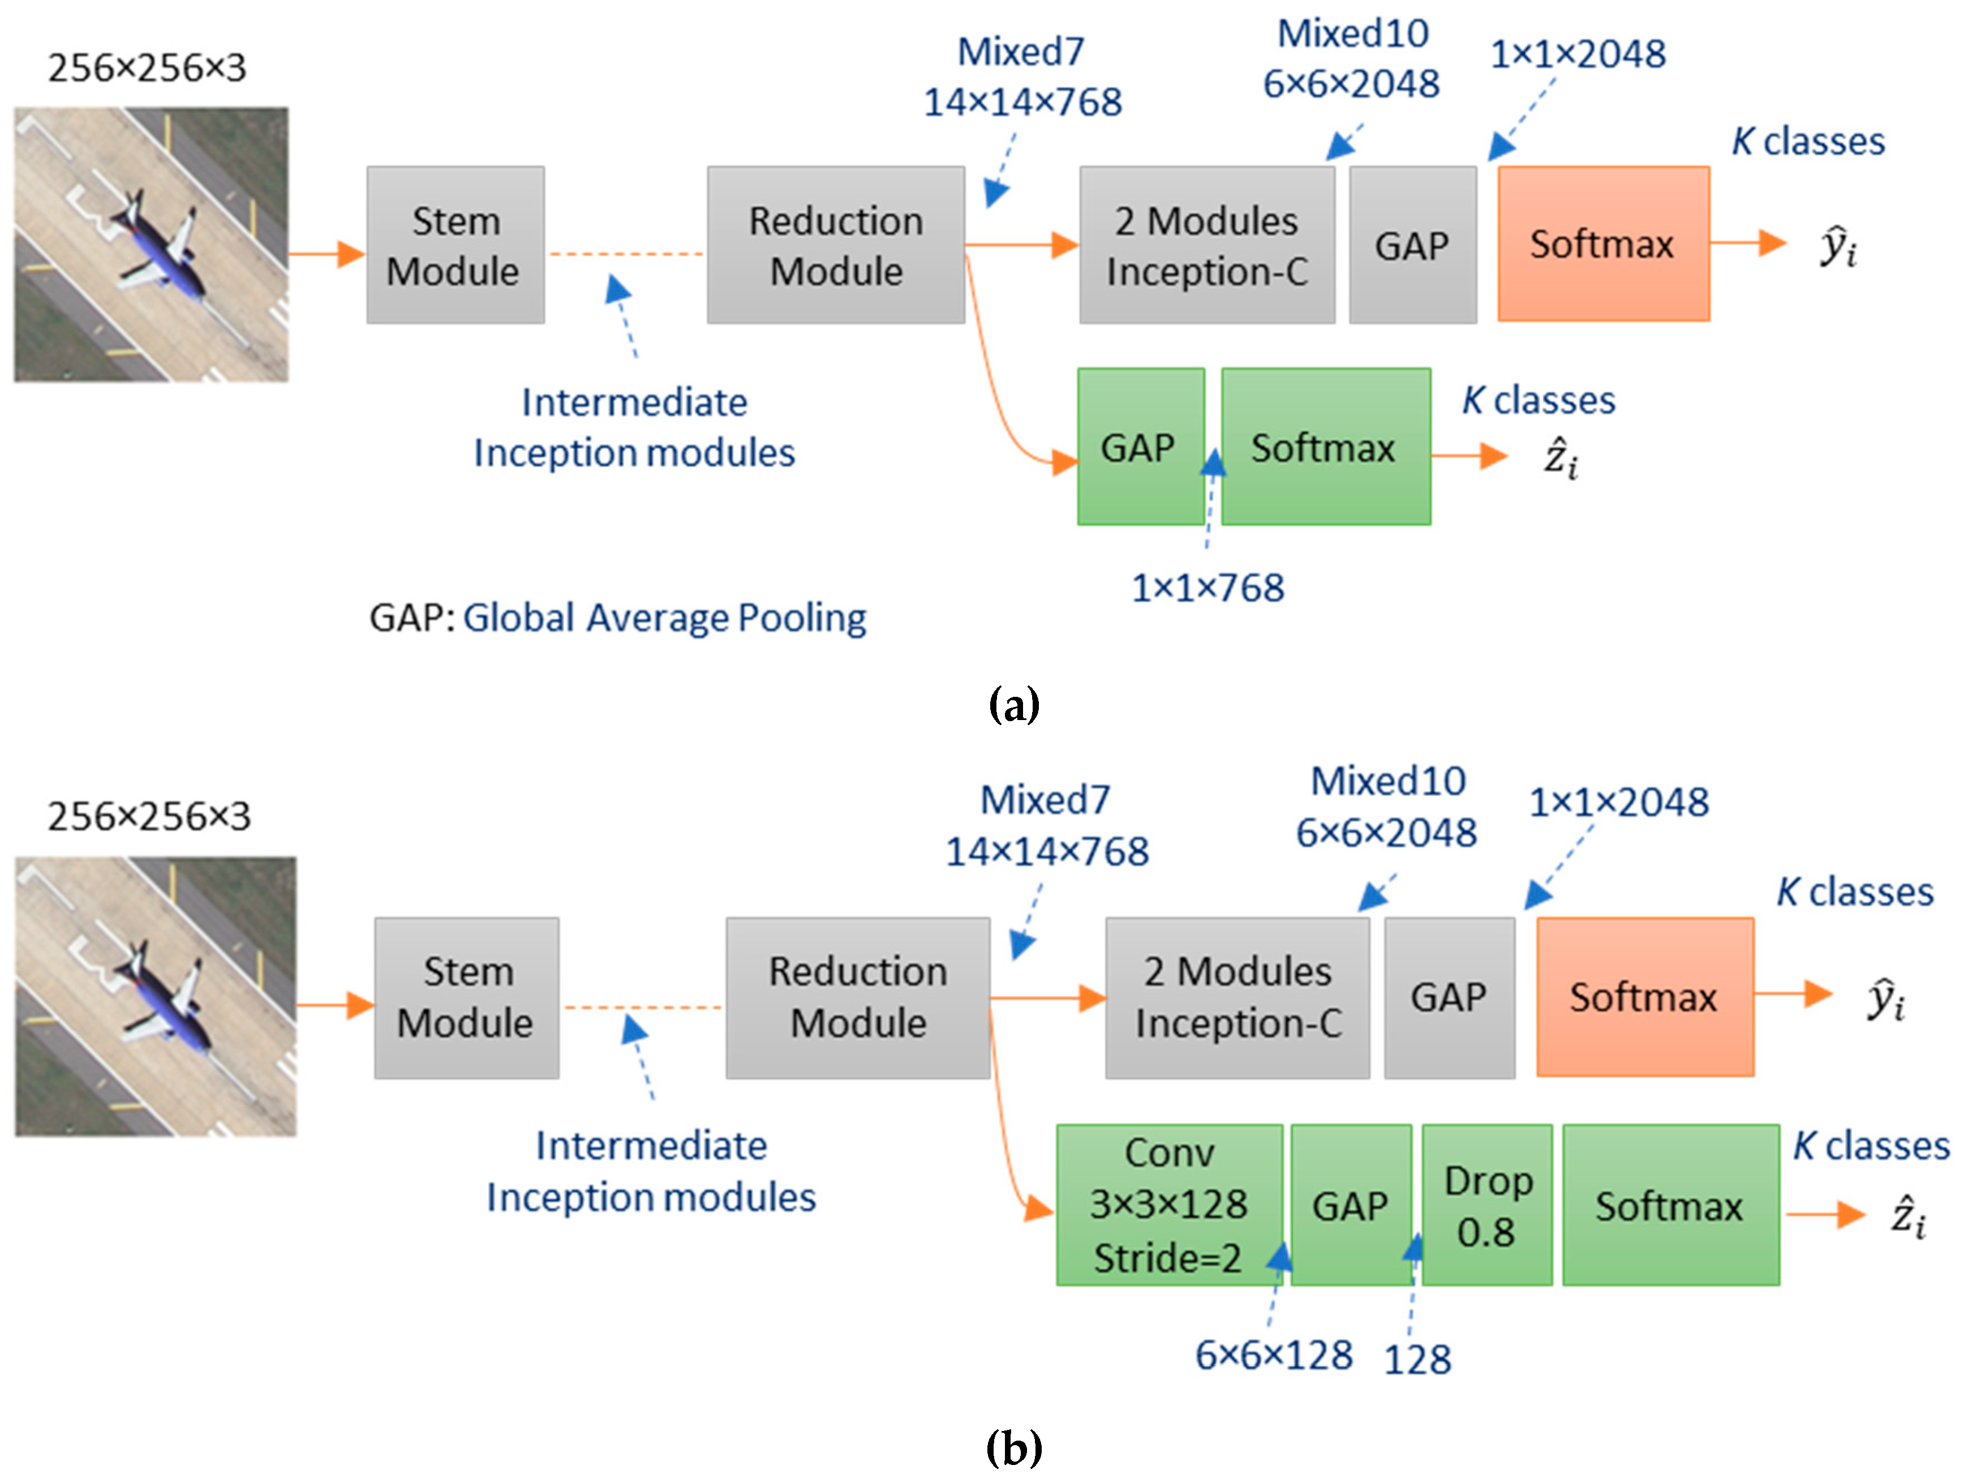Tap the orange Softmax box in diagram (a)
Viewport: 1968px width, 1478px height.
pos(1602,244)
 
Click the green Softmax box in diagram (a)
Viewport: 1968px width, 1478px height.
pos(1325,447)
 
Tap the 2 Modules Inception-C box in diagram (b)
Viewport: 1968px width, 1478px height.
pos(1237,997)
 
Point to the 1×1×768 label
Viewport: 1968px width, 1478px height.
pos(1208,588)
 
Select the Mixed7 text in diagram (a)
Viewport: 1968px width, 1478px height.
pos(1020,52)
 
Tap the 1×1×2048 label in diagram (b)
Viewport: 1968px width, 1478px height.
pos(1618,803)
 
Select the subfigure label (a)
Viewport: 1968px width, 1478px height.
pos(1013,705)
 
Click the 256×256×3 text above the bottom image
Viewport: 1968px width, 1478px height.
pos(149,816)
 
